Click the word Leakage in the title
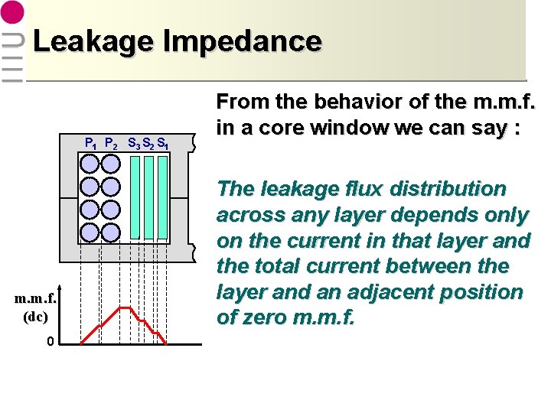click(82, 41)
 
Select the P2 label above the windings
click(111, 142)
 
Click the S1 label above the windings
click(163, 142)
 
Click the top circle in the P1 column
click(90, 164)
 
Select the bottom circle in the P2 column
click(111, 233)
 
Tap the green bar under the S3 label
click(135, 197)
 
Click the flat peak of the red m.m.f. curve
click(124, 307)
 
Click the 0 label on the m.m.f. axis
click(50, 342)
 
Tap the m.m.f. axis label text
click(34, 299)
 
